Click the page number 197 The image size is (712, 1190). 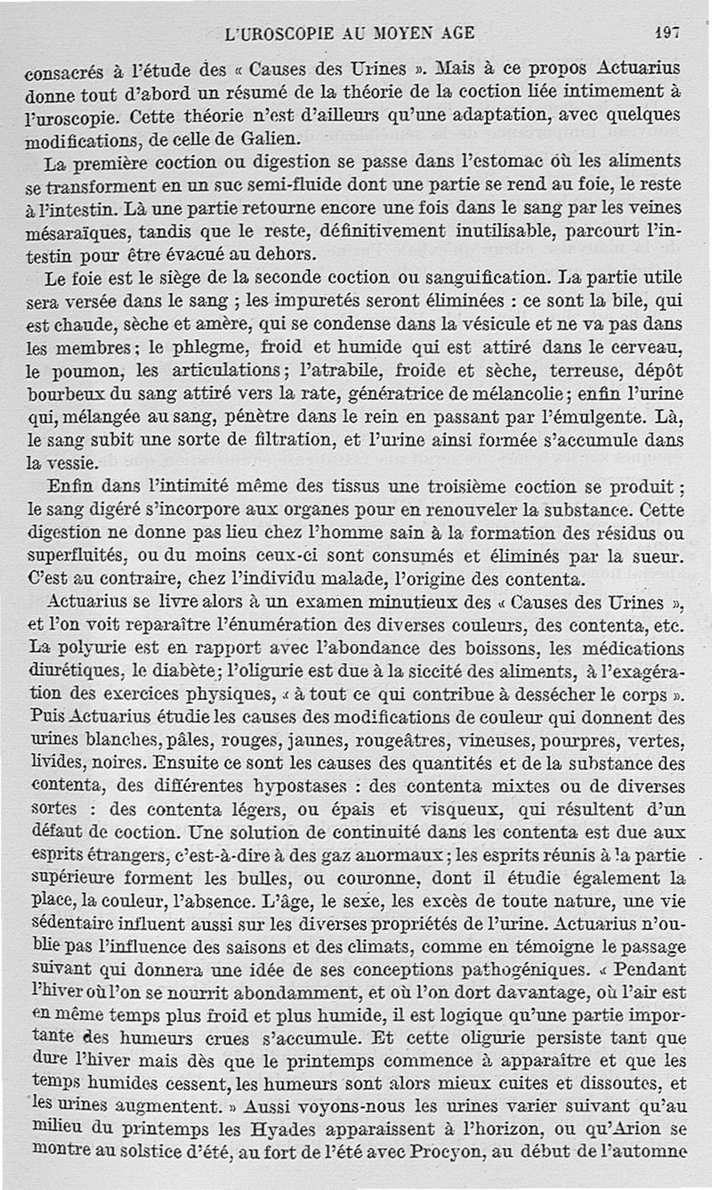tap(667, 33)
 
